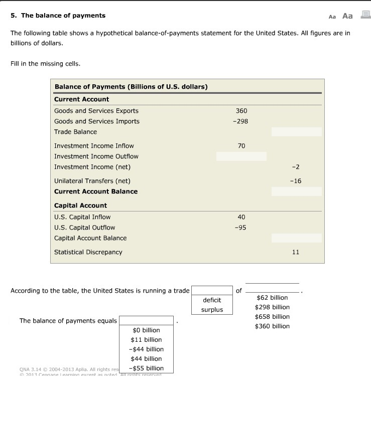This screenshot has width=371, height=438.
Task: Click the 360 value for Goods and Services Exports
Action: pyautogui.click(x=241, y=111)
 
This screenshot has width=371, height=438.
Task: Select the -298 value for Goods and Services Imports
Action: pyautogui.click(x=241, y=121)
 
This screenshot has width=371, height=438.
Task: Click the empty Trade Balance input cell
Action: pyautogui.click(x=296, y=132)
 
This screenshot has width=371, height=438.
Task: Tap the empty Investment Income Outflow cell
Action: pyautogui.click(x=241, y=156)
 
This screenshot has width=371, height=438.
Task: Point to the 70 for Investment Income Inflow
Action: pyautogui.click(x=241, y=146)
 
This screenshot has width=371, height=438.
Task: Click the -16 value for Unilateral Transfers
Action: pyautogui.click(x=296, y=181)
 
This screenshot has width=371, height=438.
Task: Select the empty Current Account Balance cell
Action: pyautogui.click(x=296, y=191)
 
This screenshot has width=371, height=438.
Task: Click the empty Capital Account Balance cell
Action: pyautogui.click(x=296, y=238)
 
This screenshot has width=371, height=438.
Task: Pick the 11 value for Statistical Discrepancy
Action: pyautogui.click(x=296, y=252)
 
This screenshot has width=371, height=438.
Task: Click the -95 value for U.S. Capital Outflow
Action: pyautogui.click(x=241, y=228)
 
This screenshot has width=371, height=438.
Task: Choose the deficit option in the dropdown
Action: pyautogui.click(x=212, y=300)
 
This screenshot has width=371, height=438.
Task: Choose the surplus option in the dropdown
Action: pyautogui.click(x=212, y=310)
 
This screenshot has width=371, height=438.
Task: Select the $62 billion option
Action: pyautogui.click(x=272, y=298)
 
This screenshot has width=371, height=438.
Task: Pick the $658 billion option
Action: pyautogui.click(x=272, y=317)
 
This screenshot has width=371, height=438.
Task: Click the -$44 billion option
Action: pyautogui.click(x=146, y=349)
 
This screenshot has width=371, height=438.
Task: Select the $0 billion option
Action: pyautogui.click(x=146, y=330)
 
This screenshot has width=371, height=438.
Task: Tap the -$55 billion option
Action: pyautogui.click(x=146, y=368)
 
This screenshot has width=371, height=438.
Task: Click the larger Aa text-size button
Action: pyautogui.click(x=347, y=16)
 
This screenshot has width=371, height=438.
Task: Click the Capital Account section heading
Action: pyautogui.click(x=80, y=205)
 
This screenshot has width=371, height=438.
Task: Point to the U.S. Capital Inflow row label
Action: pyautogui.click(x=82, y=217)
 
